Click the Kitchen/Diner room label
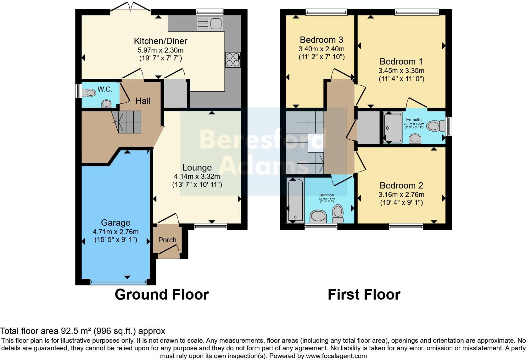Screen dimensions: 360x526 (x=160, y=41)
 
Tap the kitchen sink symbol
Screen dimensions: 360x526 (x=210, y=24)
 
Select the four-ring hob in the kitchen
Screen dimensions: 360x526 (x=233, y=59)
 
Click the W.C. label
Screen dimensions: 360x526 (x=105, y=89)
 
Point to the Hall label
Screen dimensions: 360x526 (x=143, y=101)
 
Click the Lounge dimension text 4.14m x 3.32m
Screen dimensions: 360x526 (x=197, y=177)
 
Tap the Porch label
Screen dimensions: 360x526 (x=167, y=240)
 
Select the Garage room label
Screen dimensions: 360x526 (x=115, y=223)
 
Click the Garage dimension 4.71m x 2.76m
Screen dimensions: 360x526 (x=115, y=232)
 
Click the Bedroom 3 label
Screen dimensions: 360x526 (x=321, y=40)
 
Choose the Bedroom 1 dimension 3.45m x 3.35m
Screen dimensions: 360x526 (x=401, y=70)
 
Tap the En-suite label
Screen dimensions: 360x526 (x=414, y=120)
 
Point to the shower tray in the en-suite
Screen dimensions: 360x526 (x=393, y=128)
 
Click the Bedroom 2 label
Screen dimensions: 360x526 (x=401, y=186)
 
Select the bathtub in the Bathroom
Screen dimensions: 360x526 (x=295, y=200)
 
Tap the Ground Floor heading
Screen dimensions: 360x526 (x=162, y=295)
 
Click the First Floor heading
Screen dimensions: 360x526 (x=364, y=295)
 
